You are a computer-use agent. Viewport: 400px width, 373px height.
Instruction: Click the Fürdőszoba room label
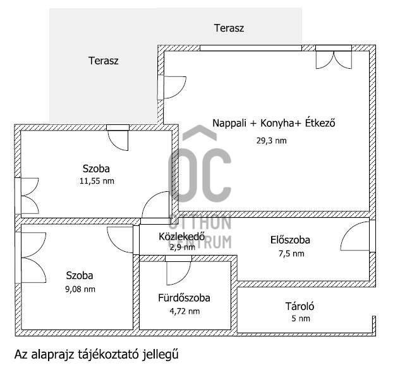[x=184, y=298]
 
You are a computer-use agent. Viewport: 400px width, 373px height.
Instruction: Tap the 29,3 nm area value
[x=272, y=141]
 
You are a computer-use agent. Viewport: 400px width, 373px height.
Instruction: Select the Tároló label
[x=300, y=306]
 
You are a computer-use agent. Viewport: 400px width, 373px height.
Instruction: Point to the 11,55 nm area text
[x=97, y=181]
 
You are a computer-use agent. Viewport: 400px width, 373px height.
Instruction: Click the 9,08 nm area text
[x=80, y=289]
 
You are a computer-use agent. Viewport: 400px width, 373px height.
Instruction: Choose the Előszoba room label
[x=290, y=240]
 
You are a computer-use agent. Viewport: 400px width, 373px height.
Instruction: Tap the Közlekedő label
[x=181, y=237]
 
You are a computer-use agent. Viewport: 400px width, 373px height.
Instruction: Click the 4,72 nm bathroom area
[x=185, y=311]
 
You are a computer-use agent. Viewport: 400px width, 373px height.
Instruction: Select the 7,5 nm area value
[x=291, y=254]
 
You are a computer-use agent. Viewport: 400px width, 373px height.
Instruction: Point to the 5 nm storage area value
[x=301, y=319]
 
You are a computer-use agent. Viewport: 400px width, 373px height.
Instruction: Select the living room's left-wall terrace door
[x=171, y=87]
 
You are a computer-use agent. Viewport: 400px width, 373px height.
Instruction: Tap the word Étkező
[x=320, y=123]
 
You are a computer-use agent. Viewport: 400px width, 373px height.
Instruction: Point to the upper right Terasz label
[x=229, y=28]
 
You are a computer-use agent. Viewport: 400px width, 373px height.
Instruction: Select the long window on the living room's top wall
[x=251, y=48]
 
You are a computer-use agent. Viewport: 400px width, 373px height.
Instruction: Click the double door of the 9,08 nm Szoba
[x=30, y=258]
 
